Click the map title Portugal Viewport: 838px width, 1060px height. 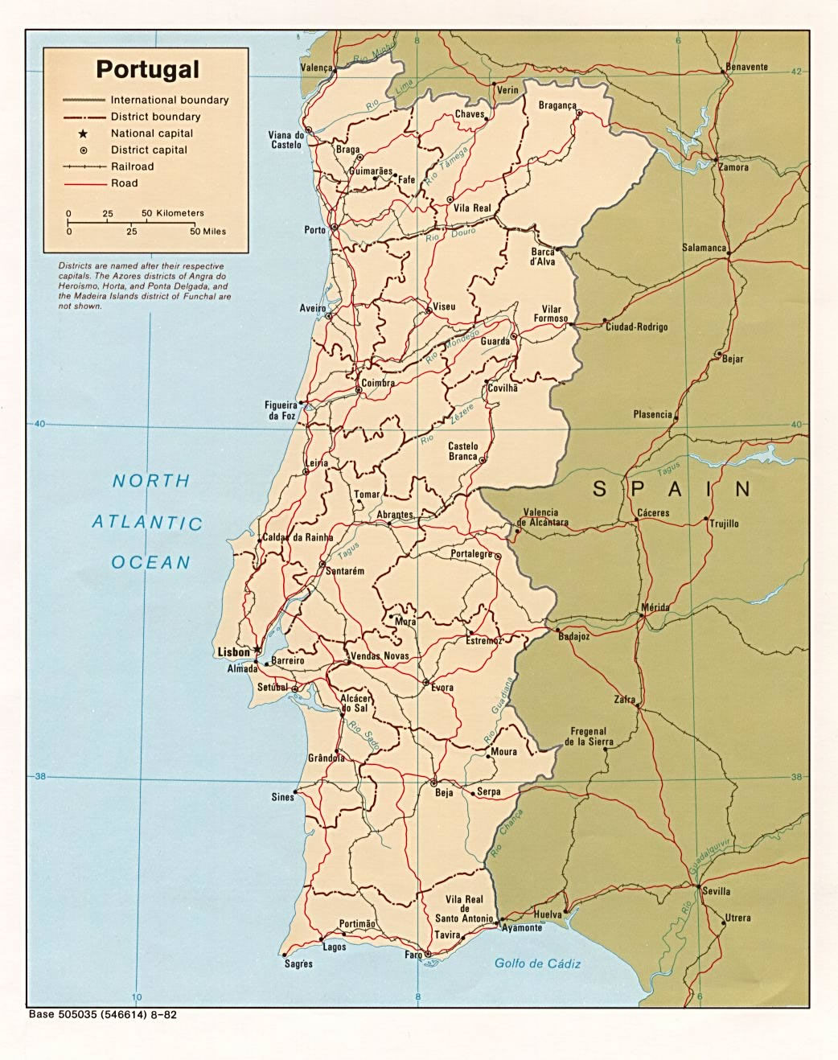(x=147, y=69)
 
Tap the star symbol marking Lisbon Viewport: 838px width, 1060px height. (x=257, y=648)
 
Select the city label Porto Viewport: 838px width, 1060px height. (x=314, y=230)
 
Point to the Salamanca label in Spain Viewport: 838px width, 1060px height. (x=704, y=248)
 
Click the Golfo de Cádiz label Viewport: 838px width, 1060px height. (x=537, y=963)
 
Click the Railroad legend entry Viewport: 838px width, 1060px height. (x=132, y=166)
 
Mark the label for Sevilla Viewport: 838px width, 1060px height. (x=716, y=891)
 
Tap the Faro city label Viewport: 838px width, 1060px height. (x=413, y=955)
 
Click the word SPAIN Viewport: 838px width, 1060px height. (x=672, y=488)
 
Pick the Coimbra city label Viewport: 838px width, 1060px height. (x=377, y=384)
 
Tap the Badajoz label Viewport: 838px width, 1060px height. (x=573, y=636)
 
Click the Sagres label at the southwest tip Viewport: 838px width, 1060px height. (x=298, y=963)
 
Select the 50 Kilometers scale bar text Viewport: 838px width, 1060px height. (x=172, y=213)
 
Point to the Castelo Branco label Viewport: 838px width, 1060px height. (x=462, y=451)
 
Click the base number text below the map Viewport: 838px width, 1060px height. (x=102, y=1014)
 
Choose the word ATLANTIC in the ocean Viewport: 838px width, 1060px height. (x=147, y=523)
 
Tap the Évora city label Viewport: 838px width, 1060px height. (x=442, y=688)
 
